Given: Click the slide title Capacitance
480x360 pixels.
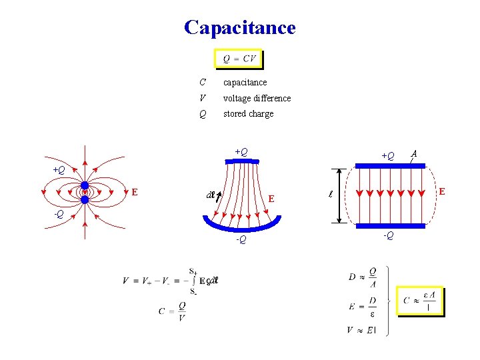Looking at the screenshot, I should [x=239, y=27].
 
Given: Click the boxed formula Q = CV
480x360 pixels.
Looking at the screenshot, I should [x=239, y=59].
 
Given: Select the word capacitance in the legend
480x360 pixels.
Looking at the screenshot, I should [x=245, y=82].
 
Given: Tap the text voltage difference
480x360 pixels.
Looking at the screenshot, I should [x=257, y=98].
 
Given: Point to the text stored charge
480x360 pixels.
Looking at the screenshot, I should [x=248, y=114].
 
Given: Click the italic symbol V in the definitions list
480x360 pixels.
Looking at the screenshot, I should [x=202, y=98].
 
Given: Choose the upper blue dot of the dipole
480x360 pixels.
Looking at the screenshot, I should [x=85, y=186].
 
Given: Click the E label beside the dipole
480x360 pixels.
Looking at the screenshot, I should [x=135, y=192].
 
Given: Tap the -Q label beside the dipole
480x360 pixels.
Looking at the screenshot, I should [x=59, y=214].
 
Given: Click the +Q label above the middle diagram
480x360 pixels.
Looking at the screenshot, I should [x=241, y=152].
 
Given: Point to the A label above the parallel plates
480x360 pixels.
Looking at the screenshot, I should [x=415, y=152].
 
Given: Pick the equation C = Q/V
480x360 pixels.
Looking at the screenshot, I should [x=172, y=311].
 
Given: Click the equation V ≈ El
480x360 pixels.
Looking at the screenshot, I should [x=361, y=330].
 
